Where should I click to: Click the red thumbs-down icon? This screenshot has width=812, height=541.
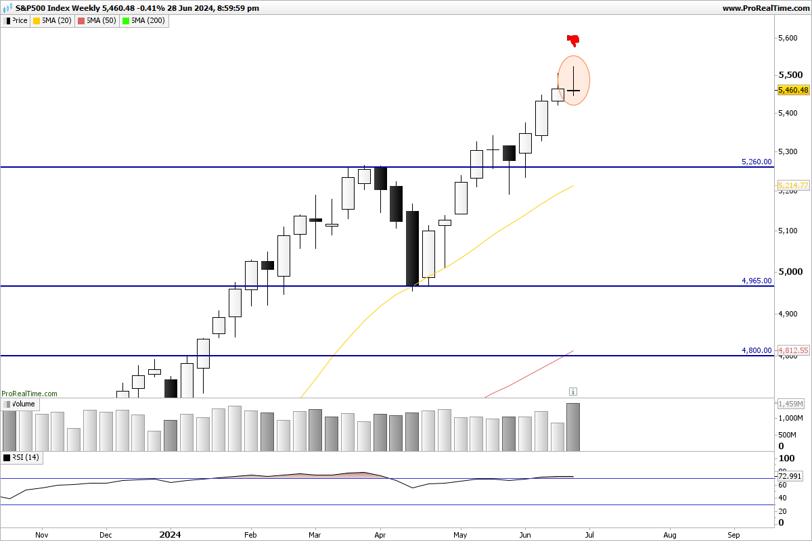573,40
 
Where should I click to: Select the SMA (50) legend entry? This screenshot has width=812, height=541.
98,20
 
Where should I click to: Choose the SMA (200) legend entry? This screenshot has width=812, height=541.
143,20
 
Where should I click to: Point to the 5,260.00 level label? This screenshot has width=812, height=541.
757,162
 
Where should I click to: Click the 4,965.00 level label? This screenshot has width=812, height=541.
757,280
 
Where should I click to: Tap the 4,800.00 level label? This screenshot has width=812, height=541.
757,350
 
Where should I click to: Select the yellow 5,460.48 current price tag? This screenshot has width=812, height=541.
793,90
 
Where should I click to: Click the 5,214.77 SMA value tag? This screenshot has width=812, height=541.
793,185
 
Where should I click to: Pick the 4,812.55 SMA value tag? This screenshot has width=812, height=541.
793,350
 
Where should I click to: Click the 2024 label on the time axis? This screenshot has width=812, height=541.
170,534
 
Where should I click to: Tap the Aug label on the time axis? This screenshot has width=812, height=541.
671,534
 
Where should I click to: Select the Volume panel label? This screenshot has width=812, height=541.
20,404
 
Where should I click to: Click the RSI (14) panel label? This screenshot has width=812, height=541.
22,458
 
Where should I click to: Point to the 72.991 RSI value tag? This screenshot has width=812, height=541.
791,477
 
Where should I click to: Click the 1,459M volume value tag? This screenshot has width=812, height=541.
791,404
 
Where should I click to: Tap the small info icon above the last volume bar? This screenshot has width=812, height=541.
573,392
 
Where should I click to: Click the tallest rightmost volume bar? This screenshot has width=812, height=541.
573,427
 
